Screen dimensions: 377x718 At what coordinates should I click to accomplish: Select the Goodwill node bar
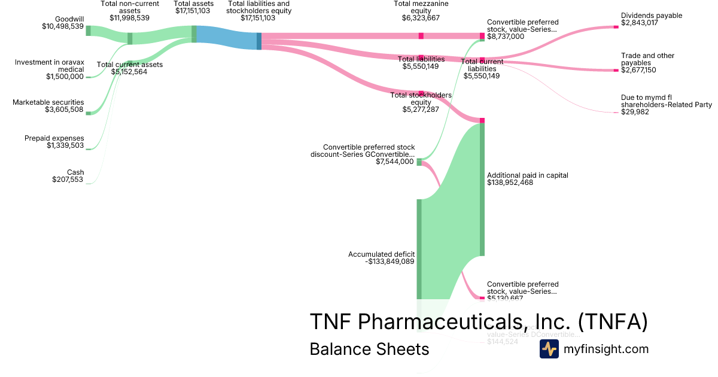(x=88, y=31)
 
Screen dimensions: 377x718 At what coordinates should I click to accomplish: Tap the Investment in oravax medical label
(x=50, y=65)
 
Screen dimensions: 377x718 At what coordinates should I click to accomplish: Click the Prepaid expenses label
(x=54, y=138)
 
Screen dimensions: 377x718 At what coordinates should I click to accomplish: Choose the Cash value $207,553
(x=68, y=180)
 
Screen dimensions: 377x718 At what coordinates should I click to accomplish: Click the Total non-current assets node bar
(x=130, y=38)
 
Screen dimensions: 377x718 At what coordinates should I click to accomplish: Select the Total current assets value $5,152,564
(x=129, y=72)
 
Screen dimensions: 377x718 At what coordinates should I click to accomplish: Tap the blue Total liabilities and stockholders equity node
(x=259, y=41)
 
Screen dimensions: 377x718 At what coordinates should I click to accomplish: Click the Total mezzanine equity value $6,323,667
(x=421, y=18)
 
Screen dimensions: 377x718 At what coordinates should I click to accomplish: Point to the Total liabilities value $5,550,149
(x=421, y=66)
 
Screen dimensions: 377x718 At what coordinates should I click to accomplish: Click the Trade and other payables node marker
(x=616, y=71)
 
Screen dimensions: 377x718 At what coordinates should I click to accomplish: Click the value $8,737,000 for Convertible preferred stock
(x=506, y=37)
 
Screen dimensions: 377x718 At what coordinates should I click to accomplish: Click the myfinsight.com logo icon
(x=549, y=349)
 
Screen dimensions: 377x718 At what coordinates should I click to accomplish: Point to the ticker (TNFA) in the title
(x=613, y=321)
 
